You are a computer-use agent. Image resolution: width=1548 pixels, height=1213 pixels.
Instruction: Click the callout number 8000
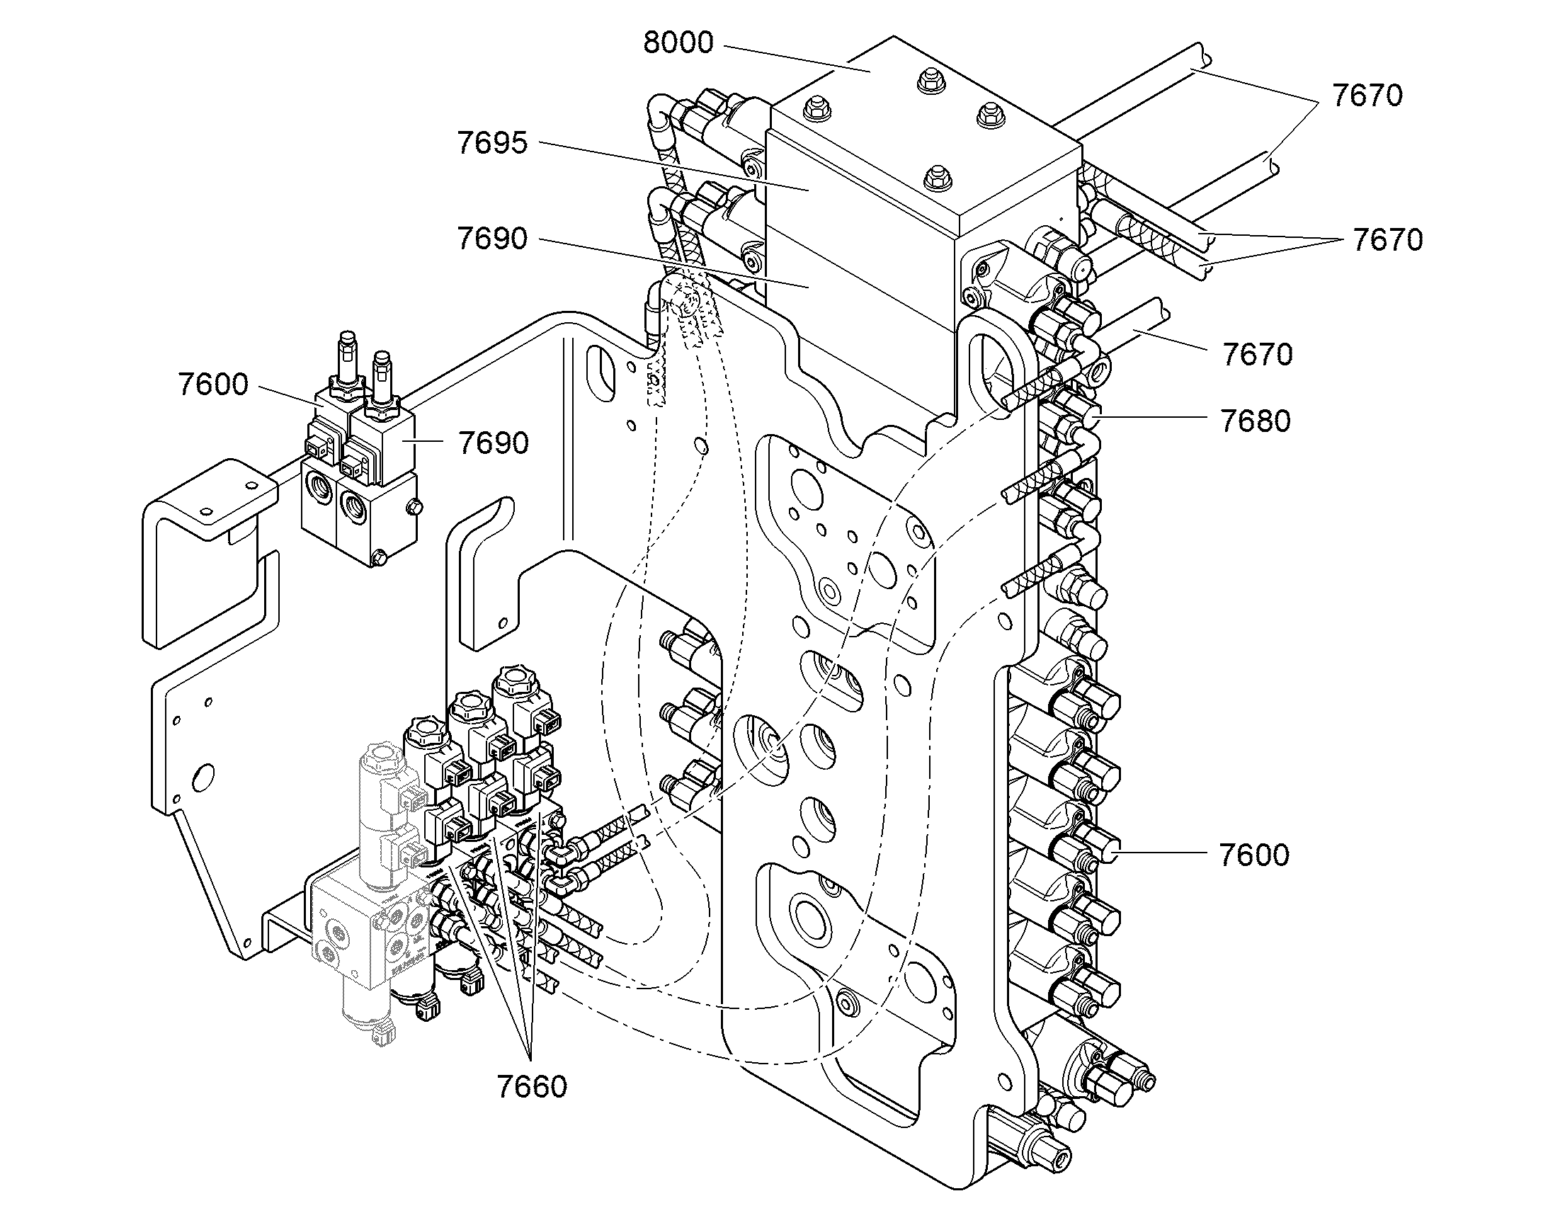point(678,43)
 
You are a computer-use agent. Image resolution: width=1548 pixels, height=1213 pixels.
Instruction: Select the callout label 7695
point(493,144)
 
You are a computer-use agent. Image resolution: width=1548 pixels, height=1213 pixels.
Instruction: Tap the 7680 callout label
point(1256,421)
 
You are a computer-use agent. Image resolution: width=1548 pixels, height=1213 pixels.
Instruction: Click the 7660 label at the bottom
point(532,1087)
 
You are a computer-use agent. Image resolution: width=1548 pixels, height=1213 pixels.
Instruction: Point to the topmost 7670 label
point(1367,96)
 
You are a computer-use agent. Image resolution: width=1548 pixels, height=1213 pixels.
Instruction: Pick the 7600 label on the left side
point(213,385)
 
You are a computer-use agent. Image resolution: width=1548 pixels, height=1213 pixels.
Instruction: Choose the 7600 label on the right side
point(1254,855)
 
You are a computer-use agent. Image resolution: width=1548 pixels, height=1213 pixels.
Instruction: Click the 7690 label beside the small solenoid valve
point(494,443)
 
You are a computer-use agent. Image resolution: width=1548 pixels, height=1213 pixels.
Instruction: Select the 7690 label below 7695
point(493,239)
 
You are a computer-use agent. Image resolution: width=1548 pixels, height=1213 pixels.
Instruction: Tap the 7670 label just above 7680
point(1258,355)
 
